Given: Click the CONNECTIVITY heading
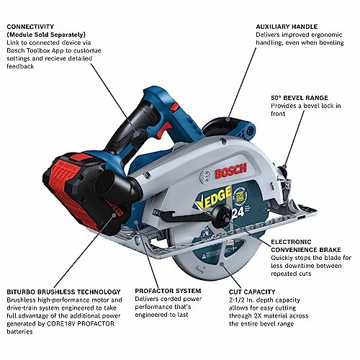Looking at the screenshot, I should pos(32,26).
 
